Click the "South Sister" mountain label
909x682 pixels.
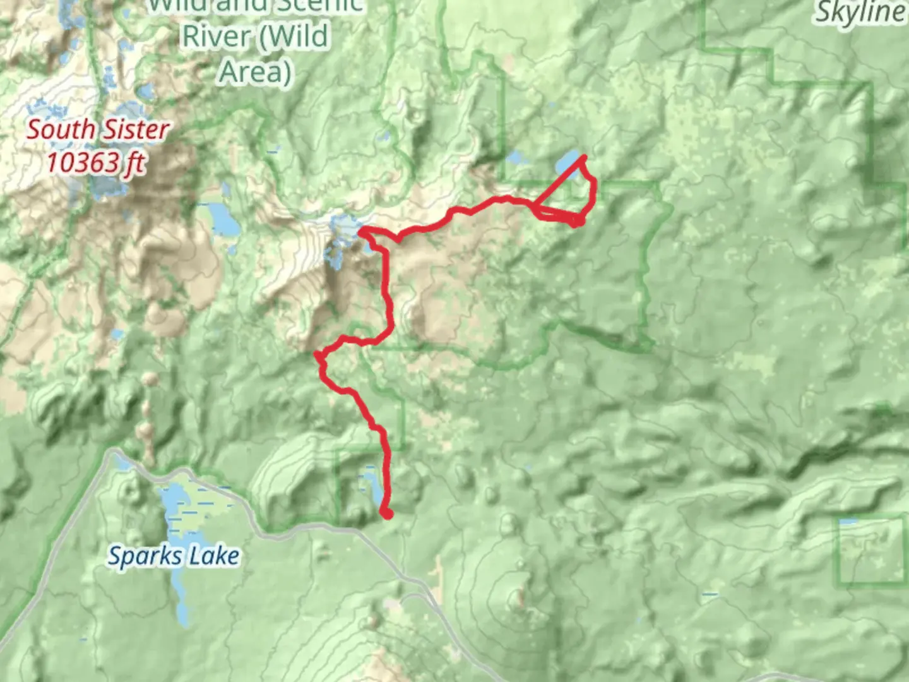(x=98, y=130)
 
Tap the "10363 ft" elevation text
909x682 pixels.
(x=95, y=163)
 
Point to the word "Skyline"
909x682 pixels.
(x=860, y=13)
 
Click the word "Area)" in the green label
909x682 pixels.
(x=254, y=71)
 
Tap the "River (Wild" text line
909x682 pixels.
(x=255, y=36)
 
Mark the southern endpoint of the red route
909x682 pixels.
(x=387, y=514)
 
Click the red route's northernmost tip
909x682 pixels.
(x=584, y=157)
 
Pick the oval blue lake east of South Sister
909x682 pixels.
(x=222, y=218)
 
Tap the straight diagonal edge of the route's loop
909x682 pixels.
(x=559, y=182)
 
